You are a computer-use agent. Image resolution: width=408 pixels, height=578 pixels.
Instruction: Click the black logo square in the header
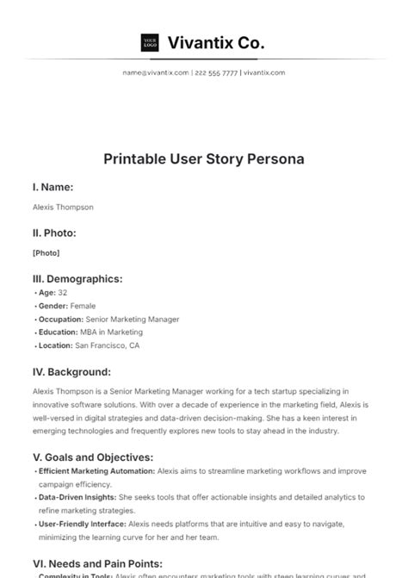tap(150, 42)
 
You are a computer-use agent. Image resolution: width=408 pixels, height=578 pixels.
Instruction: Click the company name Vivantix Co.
tap(216, 42)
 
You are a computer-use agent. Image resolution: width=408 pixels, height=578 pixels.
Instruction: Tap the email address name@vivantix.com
tap(156, 73)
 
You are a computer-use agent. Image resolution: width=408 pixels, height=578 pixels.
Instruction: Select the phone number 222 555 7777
tap(216, 73)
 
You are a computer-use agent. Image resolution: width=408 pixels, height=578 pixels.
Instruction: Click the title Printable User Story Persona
tap(204, 159)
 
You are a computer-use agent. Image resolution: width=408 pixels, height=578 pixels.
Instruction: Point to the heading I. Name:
tap(53, 187)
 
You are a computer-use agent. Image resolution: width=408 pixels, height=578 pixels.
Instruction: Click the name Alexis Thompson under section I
tap(63, 207)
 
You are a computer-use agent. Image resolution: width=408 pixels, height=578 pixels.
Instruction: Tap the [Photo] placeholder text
tap(46, 252)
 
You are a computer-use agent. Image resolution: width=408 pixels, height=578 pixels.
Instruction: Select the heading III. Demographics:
tap(77, 278)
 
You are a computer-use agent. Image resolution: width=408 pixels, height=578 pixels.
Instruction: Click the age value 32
tap(63, 293)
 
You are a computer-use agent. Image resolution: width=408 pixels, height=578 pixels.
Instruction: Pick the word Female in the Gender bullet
tap(83, 306)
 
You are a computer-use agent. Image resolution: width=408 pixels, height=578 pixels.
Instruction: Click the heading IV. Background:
tap(71, 372)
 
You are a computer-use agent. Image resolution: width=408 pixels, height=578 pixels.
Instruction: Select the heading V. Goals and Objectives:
tap(93, 457)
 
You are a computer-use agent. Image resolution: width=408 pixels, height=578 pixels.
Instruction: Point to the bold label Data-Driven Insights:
tap(76, 497)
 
